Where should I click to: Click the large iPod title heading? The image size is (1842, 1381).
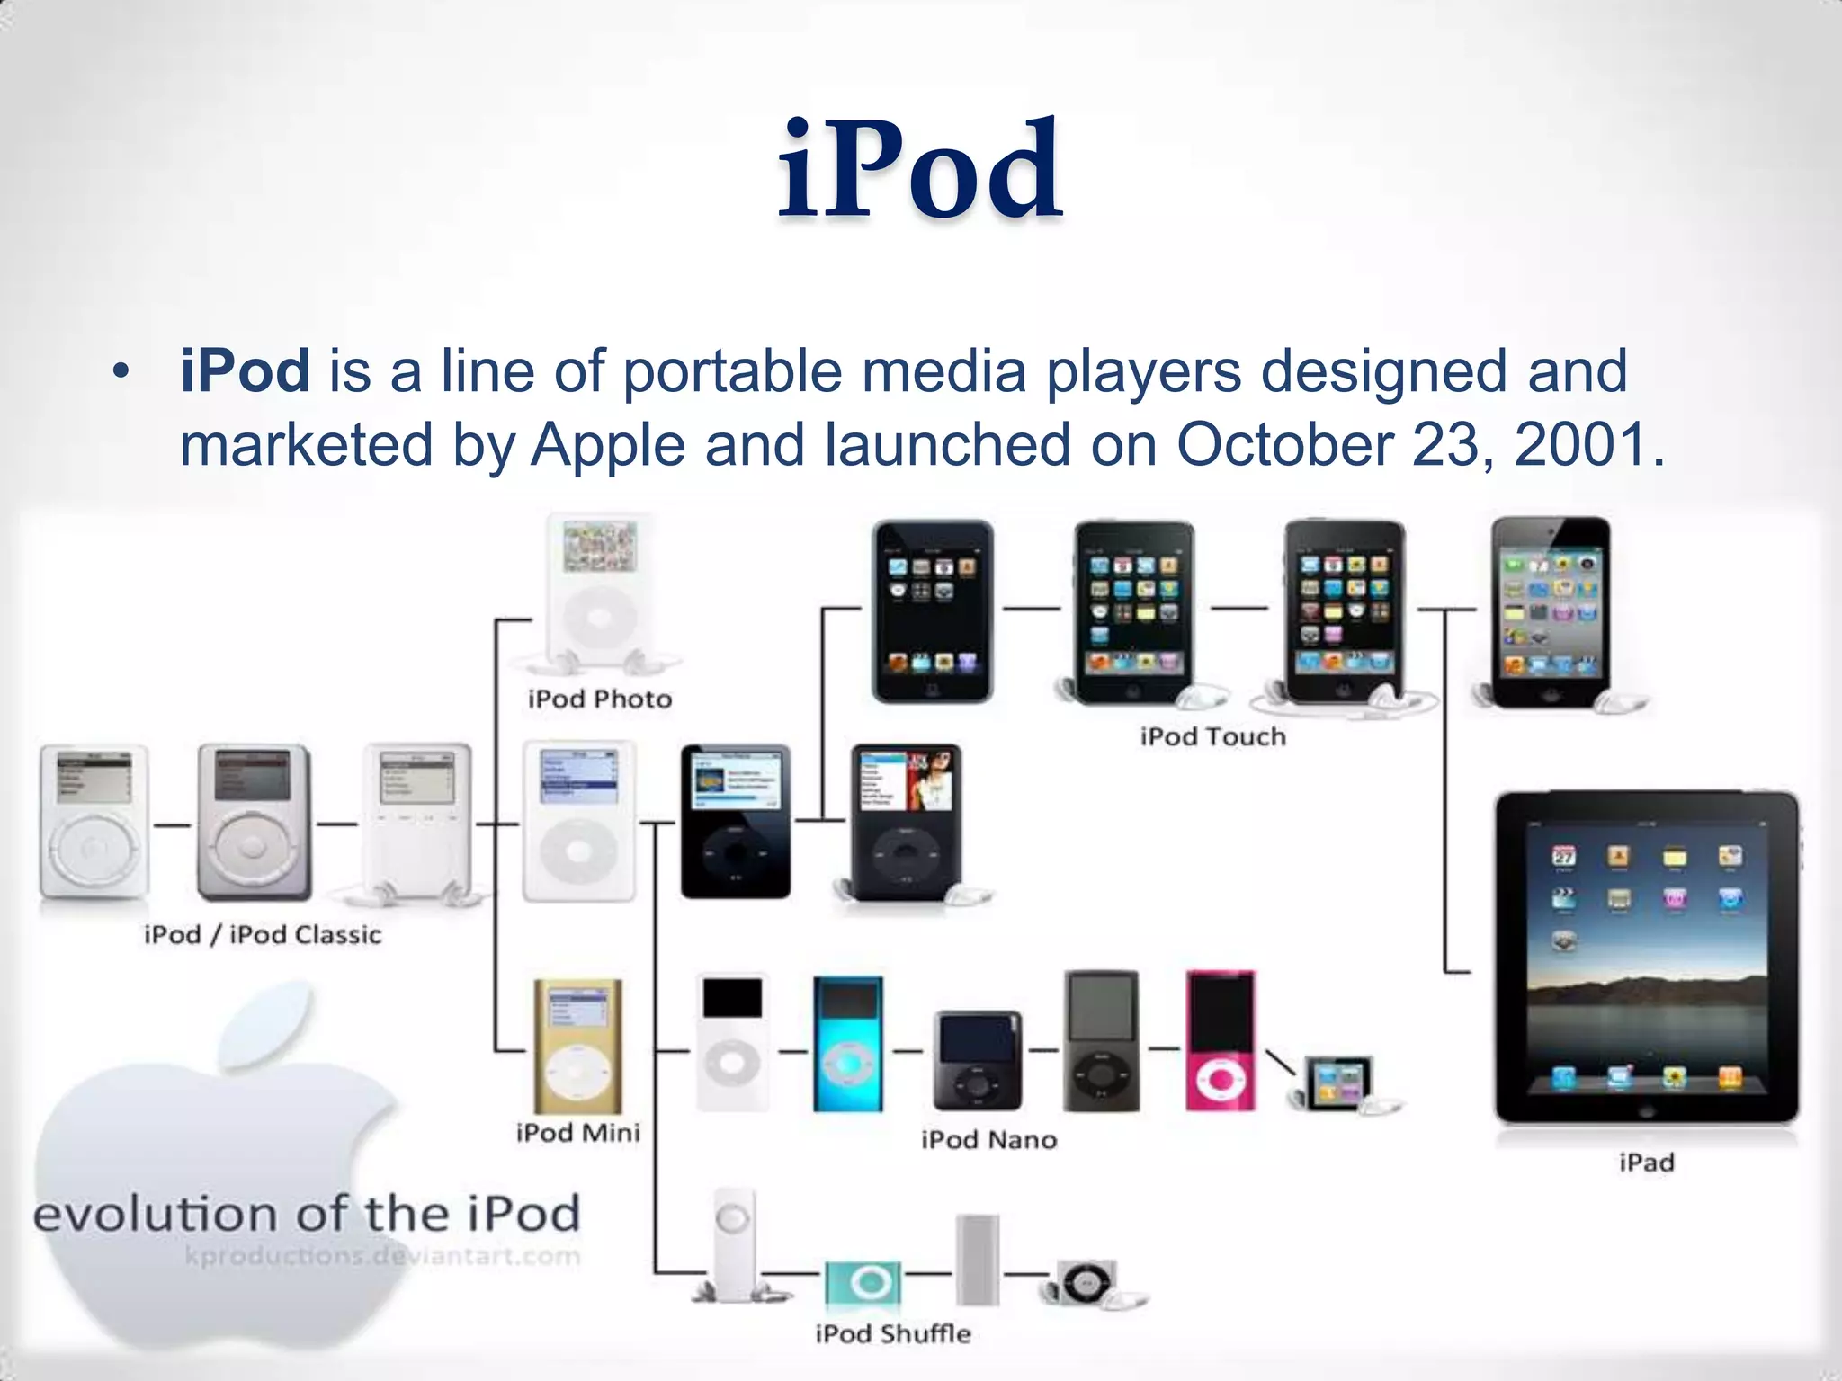pos(920,171)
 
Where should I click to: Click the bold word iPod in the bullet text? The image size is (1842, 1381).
pos(246,370)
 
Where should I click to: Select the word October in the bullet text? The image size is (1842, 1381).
pos(1284,444)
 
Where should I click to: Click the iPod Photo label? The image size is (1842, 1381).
pos(600,699)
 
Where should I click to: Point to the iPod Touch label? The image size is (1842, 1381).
pos(1213,737)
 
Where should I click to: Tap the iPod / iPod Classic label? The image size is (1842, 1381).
pos(263,935)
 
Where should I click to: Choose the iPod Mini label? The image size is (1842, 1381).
pos(578,1133)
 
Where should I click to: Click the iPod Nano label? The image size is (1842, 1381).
pos(988,1140)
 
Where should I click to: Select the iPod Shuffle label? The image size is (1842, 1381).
pos(893,1333)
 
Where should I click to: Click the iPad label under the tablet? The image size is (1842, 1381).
pos(1647,1163)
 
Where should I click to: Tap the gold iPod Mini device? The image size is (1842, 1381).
pos(578,1047)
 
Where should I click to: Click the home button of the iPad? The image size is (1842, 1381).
pos(1647,1111)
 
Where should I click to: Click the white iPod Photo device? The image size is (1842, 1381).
pos(600,593)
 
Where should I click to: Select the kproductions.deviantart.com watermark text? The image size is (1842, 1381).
pos(383,1256)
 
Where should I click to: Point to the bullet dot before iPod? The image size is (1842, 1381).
pos(121,371)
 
